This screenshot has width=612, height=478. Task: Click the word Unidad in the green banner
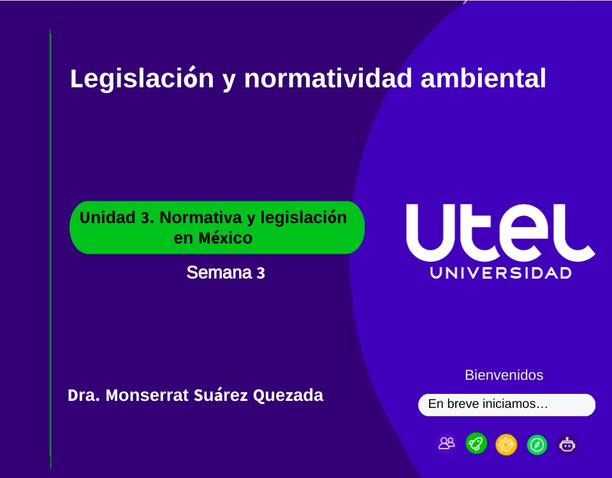tap(108, 218)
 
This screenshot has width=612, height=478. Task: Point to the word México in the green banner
tap(225, 238)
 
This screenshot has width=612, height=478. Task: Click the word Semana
tap(219, 273)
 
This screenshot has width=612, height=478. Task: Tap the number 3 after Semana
tap(260, 273)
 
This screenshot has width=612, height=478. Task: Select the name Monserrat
tap(147, 395)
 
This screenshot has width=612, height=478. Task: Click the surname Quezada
tap(288, 396)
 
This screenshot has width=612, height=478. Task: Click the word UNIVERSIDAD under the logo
tap(501, 273)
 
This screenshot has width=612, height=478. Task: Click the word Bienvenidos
tap(504, 375)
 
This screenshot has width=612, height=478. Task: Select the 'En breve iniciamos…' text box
tap(506, 404)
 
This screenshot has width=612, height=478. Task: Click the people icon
tap(447, 443)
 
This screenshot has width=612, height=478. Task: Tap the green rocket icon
tap(476, 443)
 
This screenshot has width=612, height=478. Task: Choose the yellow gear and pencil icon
tap(506, 444)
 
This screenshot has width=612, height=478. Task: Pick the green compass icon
tap(537, 444)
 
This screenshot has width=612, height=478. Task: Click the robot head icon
tap(567, 444)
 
